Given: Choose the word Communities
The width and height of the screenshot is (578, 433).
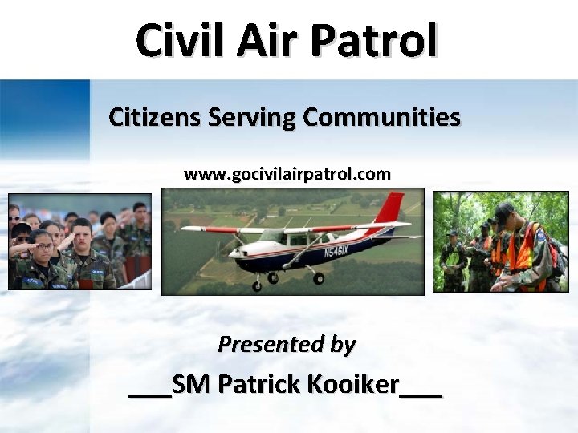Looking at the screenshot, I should pyautogui.click(x=381, y=118).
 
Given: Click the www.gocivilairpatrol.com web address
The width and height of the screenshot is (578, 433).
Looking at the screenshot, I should pyautogui.click(x=287, y=174).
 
